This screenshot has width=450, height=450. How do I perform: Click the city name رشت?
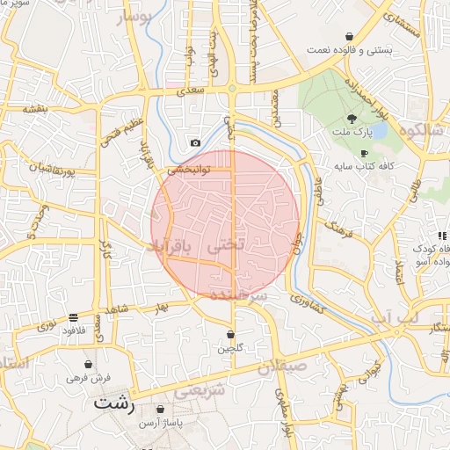coord(112,404)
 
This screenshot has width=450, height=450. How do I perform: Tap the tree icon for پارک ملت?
coord(352,119)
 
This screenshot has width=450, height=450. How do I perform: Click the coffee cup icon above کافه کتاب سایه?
coord(364,152)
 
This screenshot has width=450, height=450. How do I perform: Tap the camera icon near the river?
coord(195,143)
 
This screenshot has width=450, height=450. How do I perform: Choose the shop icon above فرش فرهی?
coord(88,364)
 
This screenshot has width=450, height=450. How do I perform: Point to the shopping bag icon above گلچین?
coord(230,335)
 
